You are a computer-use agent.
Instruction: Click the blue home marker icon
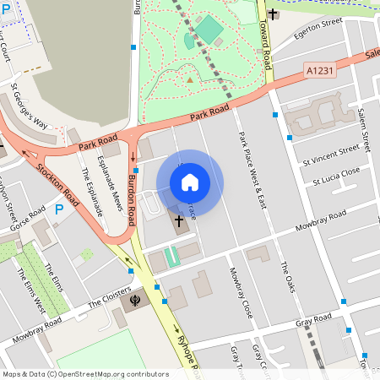(190, 182)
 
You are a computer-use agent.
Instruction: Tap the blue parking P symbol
(59, 209)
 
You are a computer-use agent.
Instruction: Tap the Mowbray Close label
(241, 292)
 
